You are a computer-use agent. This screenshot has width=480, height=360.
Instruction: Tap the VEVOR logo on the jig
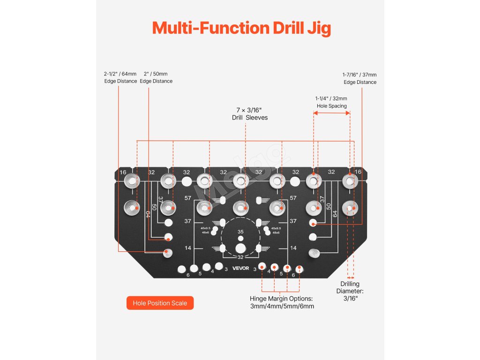241,268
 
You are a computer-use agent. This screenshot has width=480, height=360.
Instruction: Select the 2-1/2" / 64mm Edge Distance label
120,77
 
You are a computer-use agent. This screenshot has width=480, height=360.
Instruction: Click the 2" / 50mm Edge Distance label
156,77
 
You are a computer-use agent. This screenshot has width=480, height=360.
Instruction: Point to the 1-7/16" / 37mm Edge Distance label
360,78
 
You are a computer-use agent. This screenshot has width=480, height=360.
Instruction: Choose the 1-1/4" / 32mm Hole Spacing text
331,102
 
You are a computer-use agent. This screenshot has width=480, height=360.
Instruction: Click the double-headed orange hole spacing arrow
331,113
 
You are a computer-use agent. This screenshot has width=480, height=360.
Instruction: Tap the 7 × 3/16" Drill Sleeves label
250,114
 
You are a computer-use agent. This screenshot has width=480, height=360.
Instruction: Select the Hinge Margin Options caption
282,302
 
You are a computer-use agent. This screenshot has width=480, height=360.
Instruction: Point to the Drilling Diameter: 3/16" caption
350,291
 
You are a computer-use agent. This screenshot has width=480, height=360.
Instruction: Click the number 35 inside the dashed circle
240,232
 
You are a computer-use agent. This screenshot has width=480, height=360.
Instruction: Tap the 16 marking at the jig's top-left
123,172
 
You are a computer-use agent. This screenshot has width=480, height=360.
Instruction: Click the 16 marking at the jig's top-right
358,172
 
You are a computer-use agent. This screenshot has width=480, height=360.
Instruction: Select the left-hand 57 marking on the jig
187,198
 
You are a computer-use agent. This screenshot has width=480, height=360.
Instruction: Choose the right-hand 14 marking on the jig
293,248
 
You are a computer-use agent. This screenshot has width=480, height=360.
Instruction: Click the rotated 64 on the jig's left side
148,214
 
